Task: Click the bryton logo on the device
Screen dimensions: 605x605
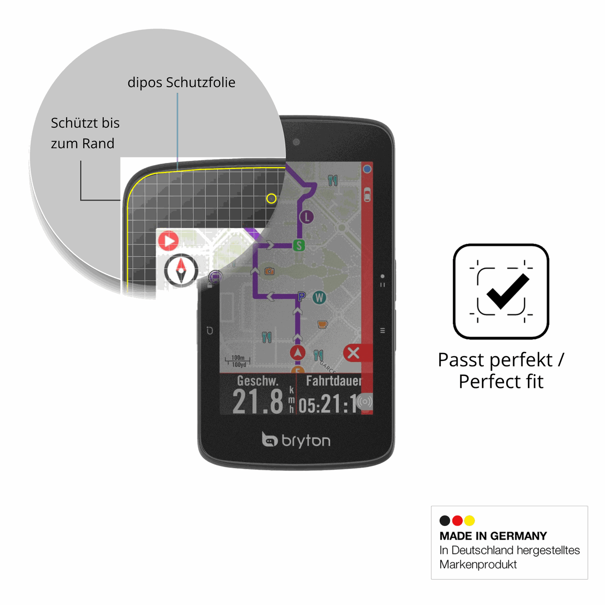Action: click(296, 440)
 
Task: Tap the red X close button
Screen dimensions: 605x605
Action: click(353, 353)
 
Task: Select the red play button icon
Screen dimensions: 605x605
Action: click(168, 241)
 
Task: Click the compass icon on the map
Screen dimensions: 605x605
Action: click(181, 270)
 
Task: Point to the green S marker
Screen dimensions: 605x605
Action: click(299, 245)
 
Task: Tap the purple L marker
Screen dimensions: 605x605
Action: click(307, 216)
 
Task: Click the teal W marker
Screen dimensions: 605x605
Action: click(319, 297)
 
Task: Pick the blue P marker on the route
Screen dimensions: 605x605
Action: click(301, 296)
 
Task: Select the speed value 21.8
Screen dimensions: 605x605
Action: click(258, 402)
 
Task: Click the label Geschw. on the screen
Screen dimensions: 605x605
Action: click(257, 381)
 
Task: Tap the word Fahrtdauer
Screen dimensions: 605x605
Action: click(334, 381)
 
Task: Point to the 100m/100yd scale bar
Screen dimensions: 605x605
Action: click(238, 361)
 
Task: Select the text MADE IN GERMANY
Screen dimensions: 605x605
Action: click(493, 536)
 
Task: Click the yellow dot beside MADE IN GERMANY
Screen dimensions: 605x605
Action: click(469, 520)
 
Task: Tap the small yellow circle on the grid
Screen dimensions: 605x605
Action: click(271, 198)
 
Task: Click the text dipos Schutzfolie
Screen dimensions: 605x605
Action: click(181, 82)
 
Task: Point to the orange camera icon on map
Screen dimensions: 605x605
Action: click(269, 271)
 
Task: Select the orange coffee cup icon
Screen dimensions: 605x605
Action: click(322, 324)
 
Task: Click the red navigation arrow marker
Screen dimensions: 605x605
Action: click(298, 353)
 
